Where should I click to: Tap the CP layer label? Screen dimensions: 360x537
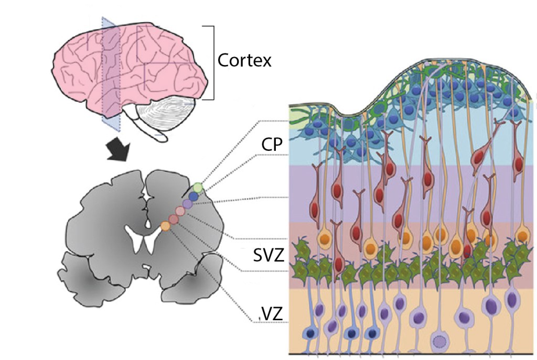pyautogui.click(x=273, y=144)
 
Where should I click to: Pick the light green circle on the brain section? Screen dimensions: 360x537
pyautogui.click(x=198, y=187)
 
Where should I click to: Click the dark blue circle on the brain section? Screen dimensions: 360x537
pyautogui.click(x=194, y=196)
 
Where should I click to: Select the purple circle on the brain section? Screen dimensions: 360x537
pyautogui.click(x=187, y=203)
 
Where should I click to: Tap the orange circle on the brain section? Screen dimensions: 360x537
pyautogui.click(x=165, y=226)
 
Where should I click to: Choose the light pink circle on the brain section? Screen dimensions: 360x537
pyautogui.click(x=180, y=211)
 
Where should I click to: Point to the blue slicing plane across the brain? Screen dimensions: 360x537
pyautogui.click(x=111, y=73)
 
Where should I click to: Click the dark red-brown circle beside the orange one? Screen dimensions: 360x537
pyautogui.click(x=173, y=219)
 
